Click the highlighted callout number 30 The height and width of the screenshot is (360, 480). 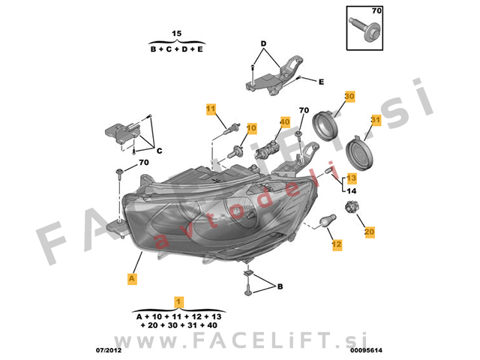pyautogui.click(x=349, y=97)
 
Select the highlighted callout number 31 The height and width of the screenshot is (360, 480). pyautogui.click(x=376, y=120)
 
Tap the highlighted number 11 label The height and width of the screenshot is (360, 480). pyautogui.click(x=211, y=109)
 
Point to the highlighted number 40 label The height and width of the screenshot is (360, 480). pyautogui.click(x=285, y=122)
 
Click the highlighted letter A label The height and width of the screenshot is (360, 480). pyautogui.click(x=132, y=279)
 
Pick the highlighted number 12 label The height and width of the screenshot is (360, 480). pyautogui.click(x=337, y=244)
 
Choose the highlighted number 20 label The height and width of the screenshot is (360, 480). pyautogui.click(x=370, y=232)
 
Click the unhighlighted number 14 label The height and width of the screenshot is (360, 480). pyautogui.click(x=352, y=191)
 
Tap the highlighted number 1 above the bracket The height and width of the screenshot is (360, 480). pyautogui.click(x=178, y=302)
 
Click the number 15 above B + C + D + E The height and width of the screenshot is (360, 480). pyautogui.click(x=177, y=33)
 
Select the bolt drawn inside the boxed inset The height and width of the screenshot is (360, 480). pyautogui.click(x=365, y=29)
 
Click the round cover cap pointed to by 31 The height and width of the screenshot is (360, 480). pyautogui.click(x=359, y=153)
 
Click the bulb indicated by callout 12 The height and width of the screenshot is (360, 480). pyautogui.click(x=328, y=221)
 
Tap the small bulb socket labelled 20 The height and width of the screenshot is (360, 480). pyautogui.click(x=352, y=207)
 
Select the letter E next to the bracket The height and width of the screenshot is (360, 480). pyautogui.click(x=321, y=82)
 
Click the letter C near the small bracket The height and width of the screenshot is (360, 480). pyautogui.click(x=159, y=151)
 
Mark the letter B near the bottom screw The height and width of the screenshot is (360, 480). pyautogui.click(x=280, y=286)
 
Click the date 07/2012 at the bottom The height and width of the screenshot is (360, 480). pyautogui.click(x=109, y=350)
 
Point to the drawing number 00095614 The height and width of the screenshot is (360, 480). pyautogui.click(x=367, y=350)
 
